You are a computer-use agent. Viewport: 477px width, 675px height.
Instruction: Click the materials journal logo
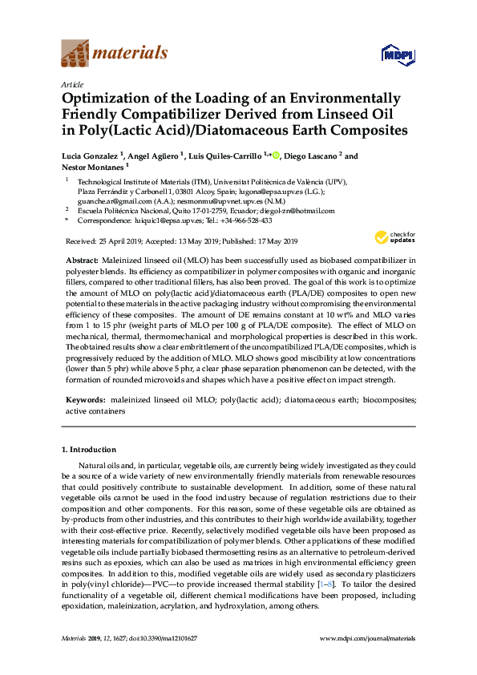[115, 55]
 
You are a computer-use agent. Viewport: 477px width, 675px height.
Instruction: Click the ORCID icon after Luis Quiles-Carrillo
[277, 155]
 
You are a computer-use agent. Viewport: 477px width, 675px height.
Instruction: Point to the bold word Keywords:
[84, 398]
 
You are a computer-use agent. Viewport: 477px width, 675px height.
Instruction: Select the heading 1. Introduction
[89, 450]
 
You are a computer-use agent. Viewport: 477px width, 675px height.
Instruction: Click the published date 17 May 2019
[273, 241]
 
